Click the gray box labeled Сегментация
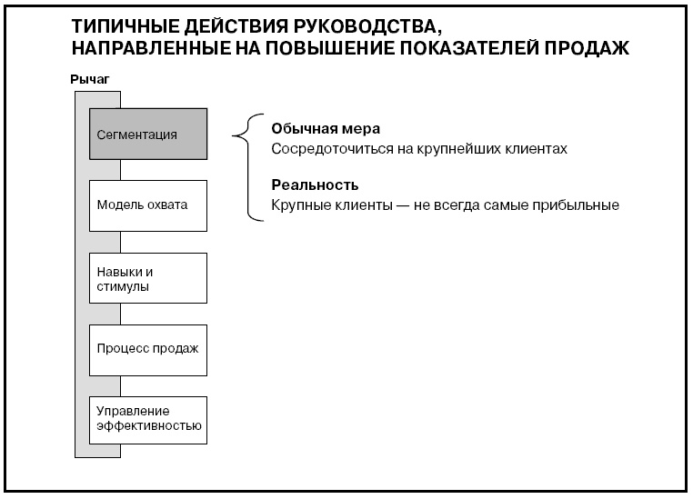[148, 135]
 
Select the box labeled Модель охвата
[148, 205]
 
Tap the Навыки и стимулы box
[148, 278]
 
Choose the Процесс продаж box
[148, 348]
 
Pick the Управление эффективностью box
[148, 419]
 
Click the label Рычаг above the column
[90, 81]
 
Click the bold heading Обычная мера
[313, 128]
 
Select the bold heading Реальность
[308, 185]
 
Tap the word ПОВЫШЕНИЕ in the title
[322, 48]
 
